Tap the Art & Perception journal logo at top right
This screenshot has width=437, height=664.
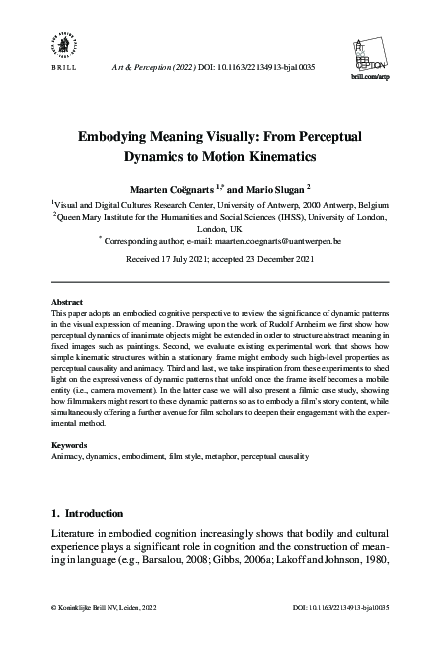click(367, 43)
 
